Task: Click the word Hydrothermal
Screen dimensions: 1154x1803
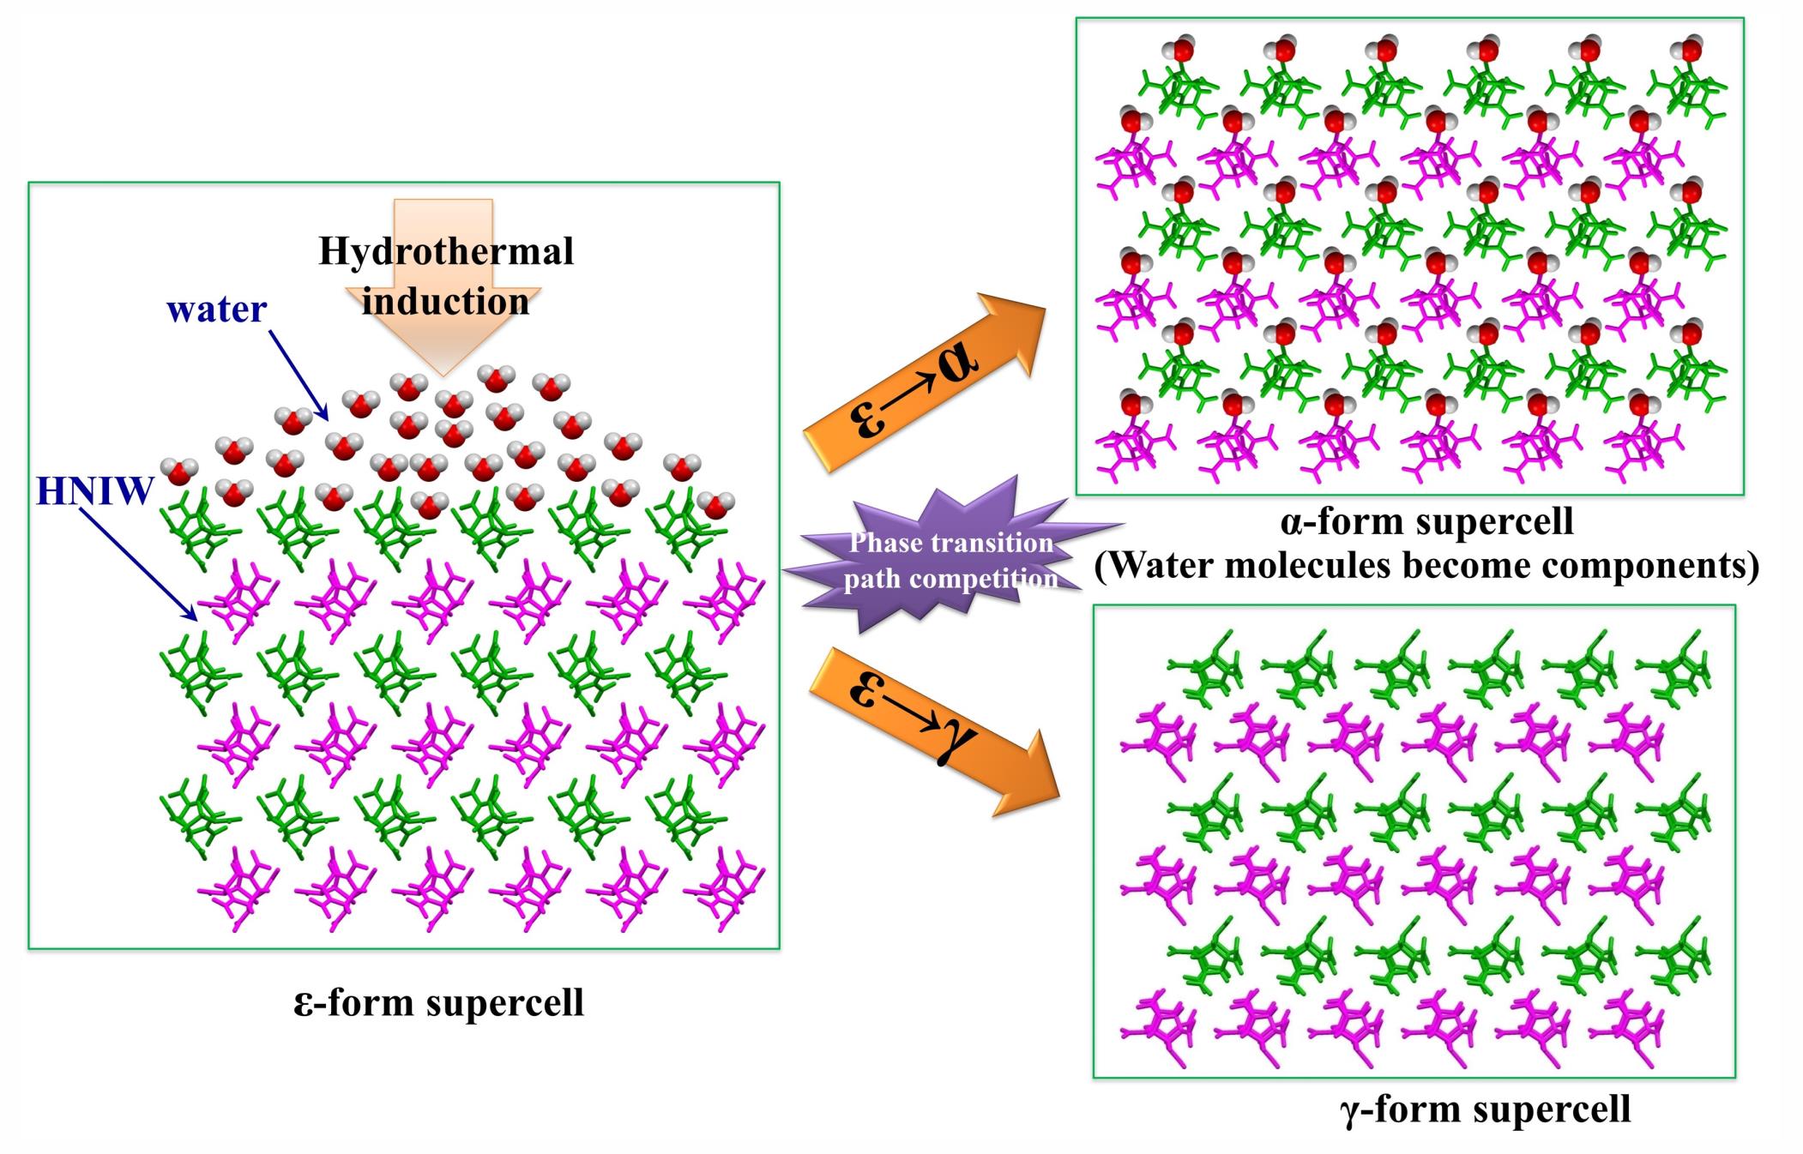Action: pyautogui.click(x=446, y=251)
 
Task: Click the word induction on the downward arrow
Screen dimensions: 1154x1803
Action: pyautogui.click(x=445, y=302)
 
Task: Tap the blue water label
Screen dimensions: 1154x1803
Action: pyautogui.click(x=217, y=310)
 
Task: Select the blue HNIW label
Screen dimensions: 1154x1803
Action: pyautogui.click(x=94, y=491)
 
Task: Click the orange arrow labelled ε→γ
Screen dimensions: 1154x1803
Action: pyautogui.click(x=931, y=729)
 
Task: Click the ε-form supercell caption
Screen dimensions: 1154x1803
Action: pyautogui.click(x=438, y=1002)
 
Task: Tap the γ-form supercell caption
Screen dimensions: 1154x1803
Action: pyautogui.click(x=1484, y=1109)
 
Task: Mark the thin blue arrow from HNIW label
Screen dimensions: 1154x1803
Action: pyautogui.click(x=136, y=562)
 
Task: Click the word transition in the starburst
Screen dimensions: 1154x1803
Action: pyautogui.click(x=981, y=543)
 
